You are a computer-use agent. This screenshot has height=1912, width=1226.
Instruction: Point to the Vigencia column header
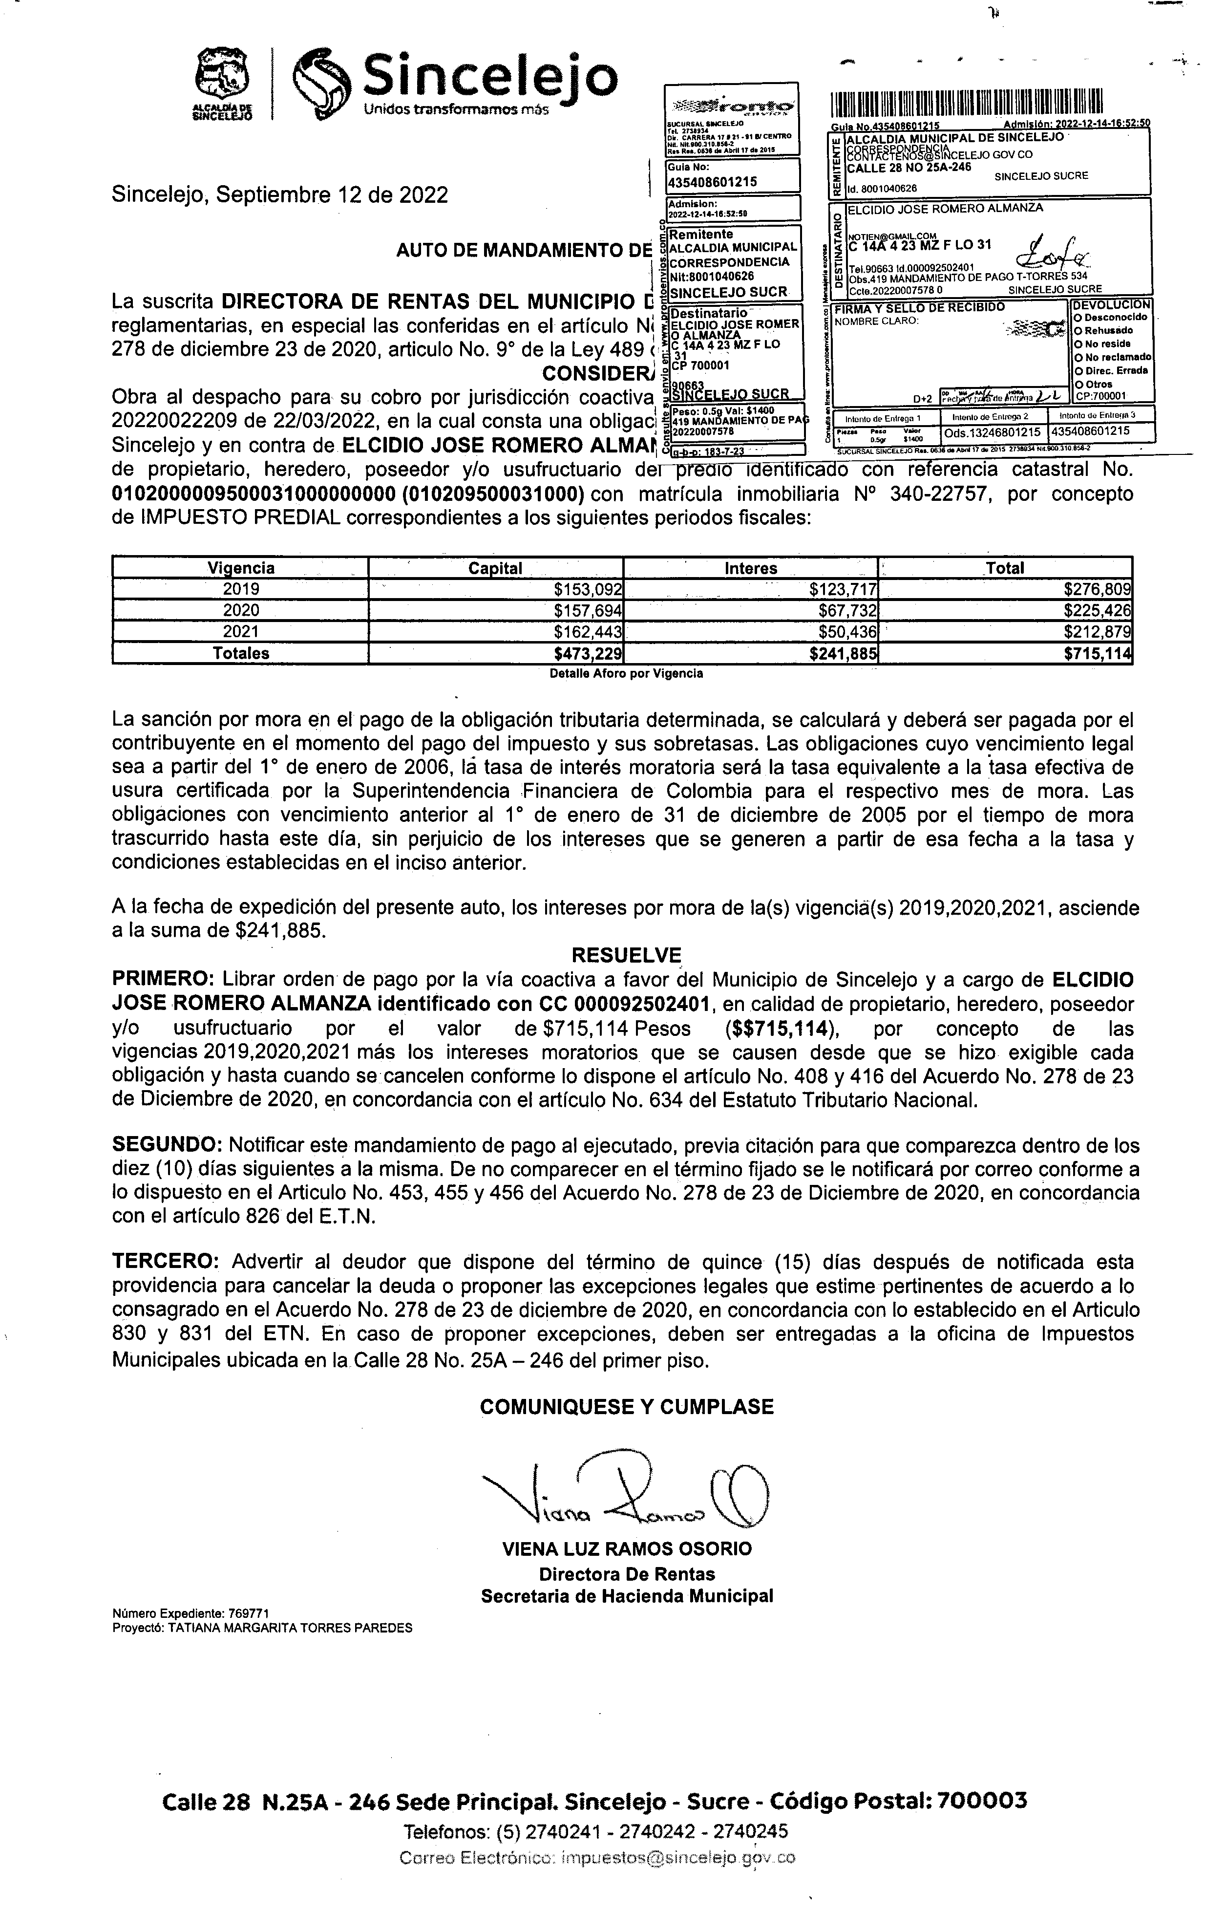pos(240,568)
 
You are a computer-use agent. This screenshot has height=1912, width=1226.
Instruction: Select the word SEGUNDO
pos(167,1145)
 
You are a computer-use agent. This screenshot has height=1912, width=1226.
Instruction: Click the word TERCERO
pos(164,1262)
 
